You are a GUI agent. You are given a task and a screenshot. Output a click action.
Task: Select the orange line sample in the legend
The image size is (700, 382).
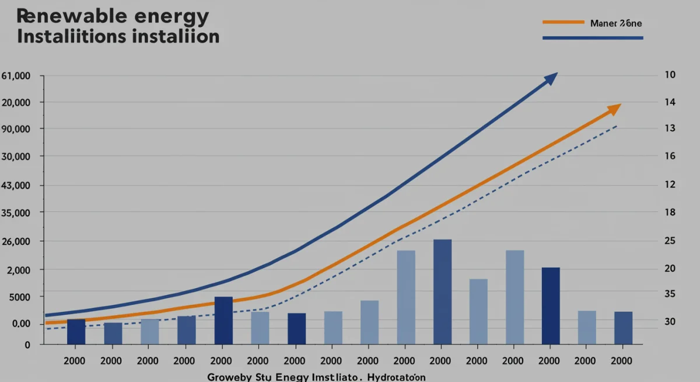(563, 23)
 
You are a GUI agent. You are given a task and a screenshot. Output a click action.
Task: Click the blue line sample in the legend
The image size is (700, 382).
(592, 38)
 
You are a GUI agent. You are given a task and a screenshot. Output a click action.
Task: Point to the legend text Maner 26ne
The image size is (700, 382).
(616, 23)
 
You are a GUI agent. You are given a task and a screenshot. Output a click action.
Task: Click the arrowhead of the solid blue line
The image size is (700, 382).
(552, 78)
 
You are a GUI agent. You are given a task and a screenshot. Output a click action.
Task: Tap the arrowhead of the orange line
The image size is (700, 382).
(615, 109)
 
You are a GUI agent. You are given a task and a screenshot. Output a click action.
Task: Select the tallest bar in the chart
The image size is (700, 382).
(442, 291)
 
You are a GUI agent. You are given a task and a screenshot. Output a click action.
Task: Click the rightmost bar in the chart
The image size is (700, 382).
(622, 328)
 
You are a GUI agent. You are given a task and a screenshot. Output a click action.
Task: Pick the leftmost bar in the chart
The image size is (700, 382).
(76, 331)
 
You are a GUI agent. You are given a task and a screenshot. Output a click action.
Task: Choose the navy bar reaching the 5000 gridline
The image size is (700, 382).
(223, 320)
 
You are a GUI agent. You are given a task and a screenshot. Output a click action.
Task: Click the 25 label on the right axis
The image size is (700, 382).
(670, 241)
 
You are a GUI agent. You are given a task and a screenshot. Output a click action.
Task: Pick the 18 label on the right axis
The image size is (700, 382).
(670, 213)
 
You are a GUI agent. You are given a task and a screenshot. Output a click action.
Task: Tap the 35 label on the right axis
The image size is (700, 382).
(670, 294)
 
